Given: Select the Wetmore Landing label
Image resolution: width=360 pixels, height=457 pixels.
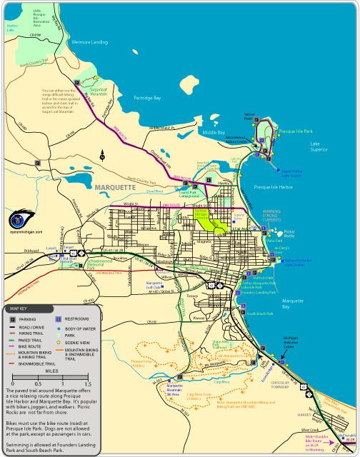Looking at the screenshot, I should pyautogui.click(x=90, y=43).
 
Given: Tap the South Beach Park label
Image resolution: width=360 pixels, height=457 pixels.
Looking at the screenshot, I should pyautogui.click(x=264, y=313).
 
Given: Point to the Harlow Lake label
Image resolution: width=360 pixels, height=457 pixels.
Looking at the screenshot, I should pyautogui.click(x=11, y=28).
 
